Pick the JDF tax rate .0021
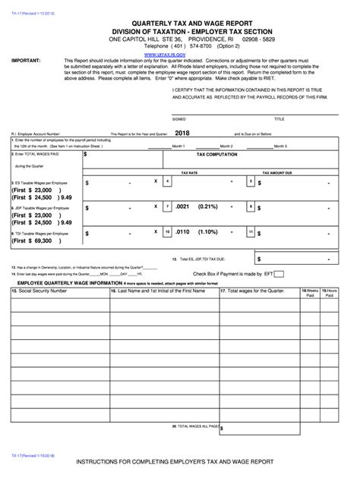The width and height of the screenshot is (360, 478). coord(181,206)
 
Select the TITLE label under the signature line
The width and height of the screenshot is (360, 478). coord(279,119)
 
